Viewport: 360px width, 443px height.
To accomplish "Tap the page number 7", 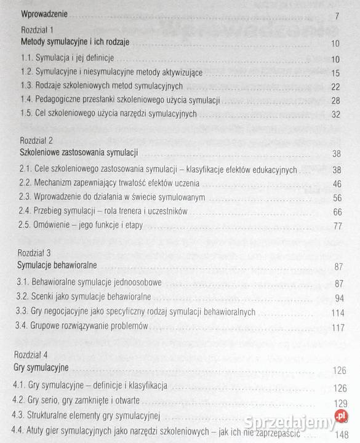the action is pyautogui.click(x=337, y=15).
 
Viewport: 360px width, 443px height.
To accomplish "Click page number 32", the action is pyautogui.click(x=335, y=114).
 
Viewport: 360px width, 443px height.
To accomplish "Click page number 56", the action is pyautogui.click(x=336, y=198).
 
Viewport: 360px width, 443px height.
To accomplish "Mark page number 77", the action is pyautogui.click(x=337, y=226).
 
